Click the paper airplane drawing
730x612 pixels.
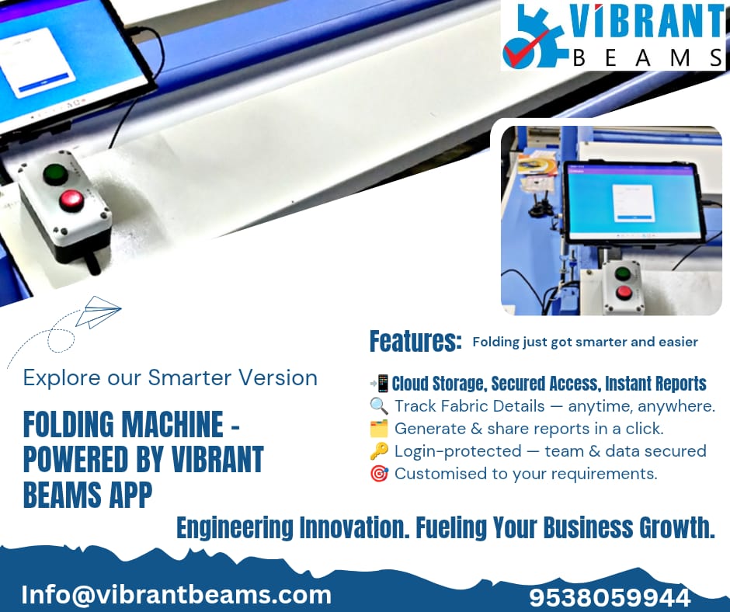pyautogui.click(x=98, y=311)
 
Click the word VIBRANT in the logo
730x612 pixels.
pyautogui.click(x=646, y=22)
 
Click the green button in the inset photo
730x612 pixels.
pyautogui.click(x=623, y=274)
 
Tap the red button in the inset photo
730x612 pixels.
pyautogui.click(x=624, y=293)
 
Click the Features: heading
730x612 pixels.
pyautogui.click(x=415, y=341)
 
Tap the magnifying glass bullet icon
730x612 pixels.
pyautogui.click(x=379, y=406)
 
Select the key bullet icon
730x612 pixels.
pyautogui.click(x=379, y=451)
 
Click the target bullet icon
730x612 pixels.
pyautogui.click(x=379, y=474)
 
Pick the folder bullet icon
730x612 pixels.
pyautogui.click(x=379, y=429)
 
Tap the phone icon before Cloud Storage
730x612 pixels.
pyautogui.click(x=380, y=384)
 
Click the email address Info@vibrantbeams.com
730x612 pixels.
pyautogui.click(x=176, y=595)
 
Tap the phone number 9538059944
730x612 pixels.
pyautogui.click(x=610, y=597)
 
